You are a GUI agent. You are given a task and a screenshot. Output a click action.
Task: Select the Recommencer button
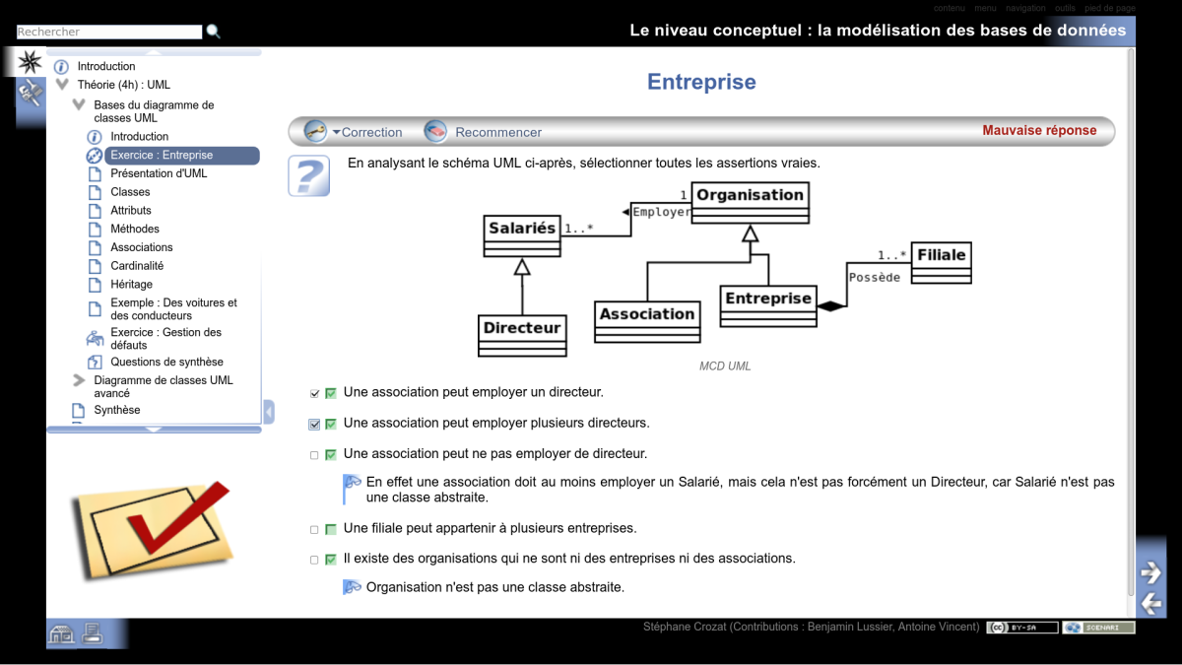(x=484, y=132)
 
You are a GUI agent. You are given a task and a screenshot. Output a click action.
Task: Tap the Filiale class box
(x=941, y=262)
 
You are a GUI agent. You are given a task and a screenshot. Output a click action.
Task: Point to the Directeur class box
(x=522, y=335)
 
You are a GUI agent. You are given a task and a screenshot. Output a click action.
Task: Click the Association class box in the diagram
(x=647, y=321)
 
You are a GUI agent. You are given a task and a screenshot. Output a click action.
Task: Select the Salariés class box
(x=522, y=235)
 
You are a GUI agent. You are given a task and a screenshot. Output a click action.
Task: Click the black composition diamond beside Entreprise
(x=831, y=307)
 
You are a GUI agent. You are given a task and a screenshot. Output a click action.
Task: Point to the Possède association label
(x=875, y=278)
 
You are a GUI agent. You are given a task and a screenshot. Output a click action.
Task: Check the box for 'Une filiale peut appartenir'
(x=315, y=529)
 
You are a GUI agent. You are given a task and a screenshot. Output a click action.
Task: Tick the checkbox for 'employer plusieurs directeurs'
(x=315, y=425)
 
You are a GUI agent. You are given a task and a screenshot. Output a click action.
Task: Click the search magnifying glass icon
(x=214, y=33)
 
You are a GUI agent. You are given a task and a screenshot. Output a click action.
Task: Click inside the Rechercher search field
(x=108, y=33)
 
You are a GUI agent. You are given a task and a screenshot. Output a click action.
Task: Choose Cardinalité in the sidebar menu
(x=137, y=266)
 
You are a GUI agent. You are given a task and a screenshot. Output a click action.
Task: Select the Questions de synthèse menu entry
(x=166, y=362)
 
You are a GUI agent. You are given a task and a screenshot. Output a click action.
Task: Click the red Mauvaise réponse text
(x=1039, y=131)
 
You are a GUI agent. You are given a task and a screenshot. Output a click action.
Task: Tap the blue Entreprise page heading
(x=701, y=83)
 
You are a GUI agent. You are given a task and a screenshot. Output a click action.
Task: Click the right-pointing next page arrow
(x=1150, y=571)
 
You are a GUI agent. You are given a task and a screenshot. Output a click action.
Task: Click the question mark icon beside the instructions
(x=308, y=175)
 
